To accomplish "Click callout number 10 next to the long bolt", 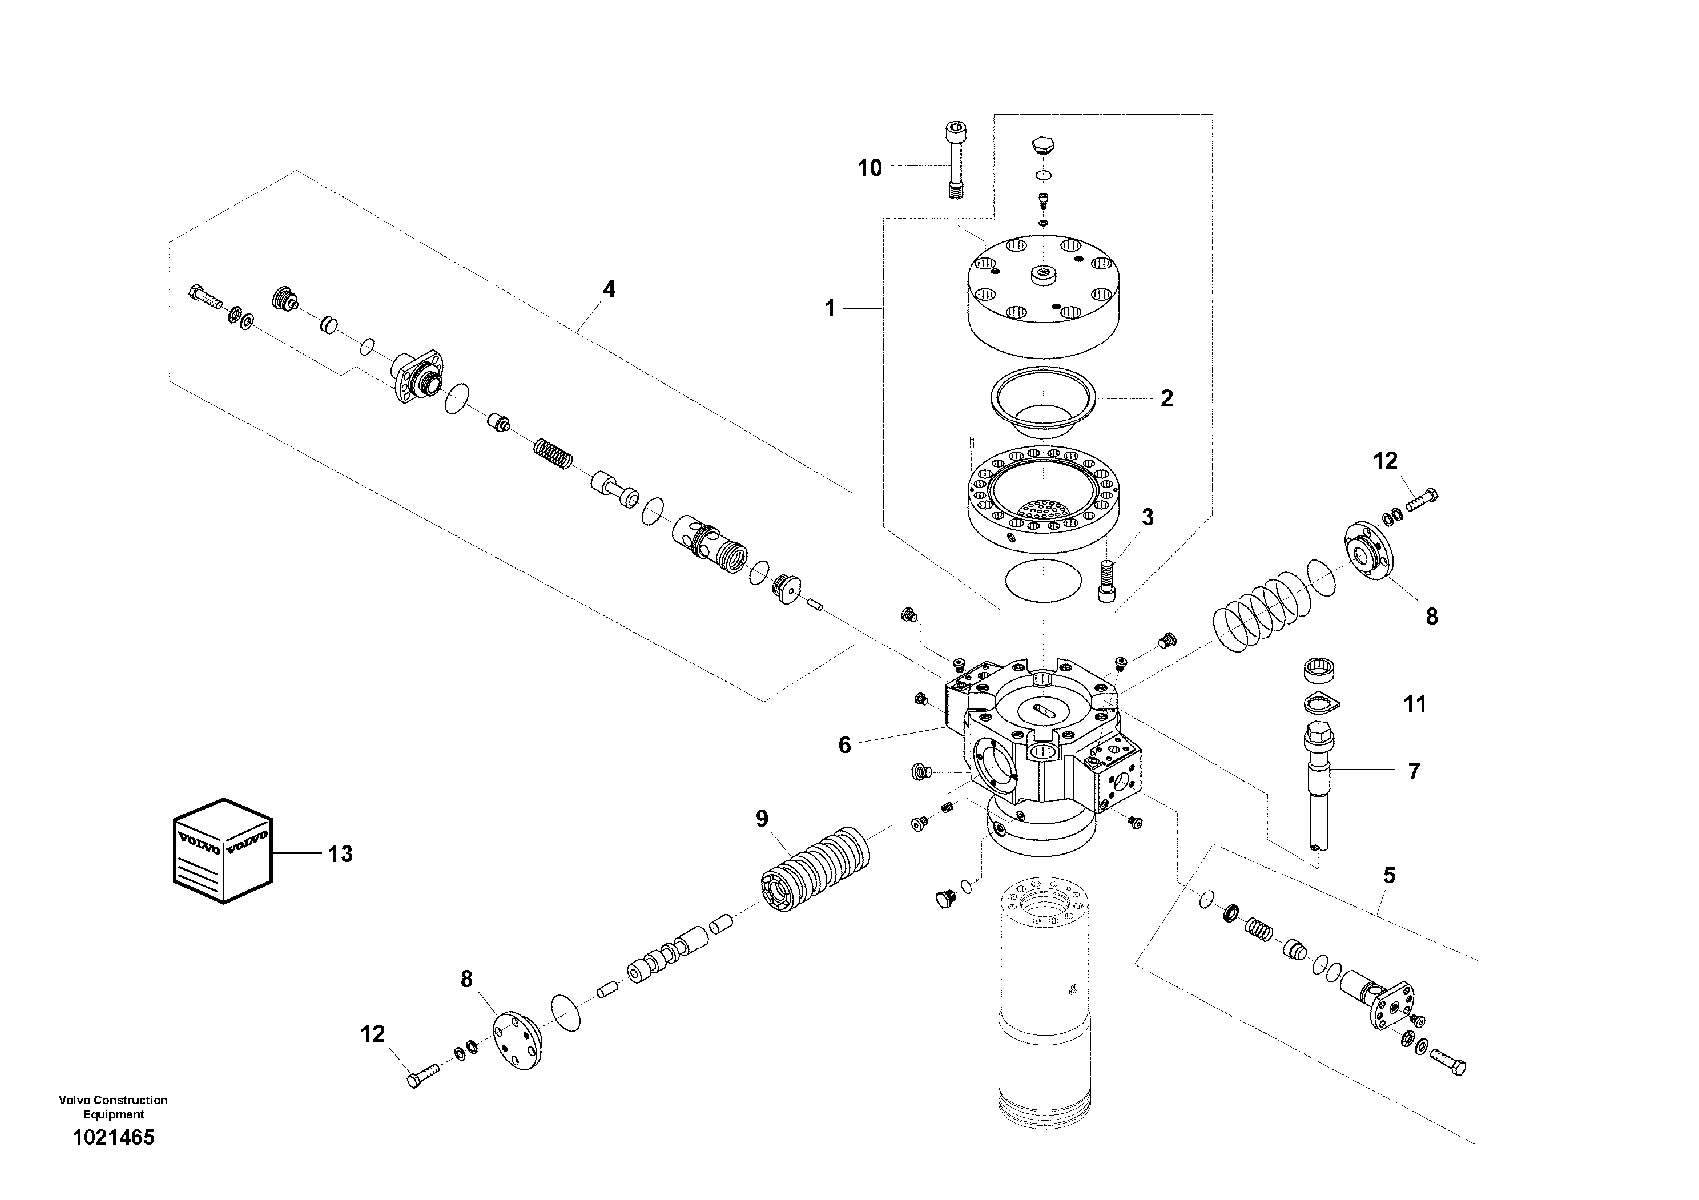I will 869,168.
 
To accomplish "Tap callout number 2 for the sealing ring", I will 1166,399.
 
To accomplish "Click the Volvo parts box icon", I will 223,850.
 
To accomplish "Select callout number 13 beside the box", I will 340,854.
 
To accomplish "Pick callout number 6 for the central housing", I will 844,745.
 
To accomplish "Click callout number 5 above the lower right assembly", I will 1389,876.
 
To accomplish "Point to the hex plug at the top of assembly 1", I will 1044,144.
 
